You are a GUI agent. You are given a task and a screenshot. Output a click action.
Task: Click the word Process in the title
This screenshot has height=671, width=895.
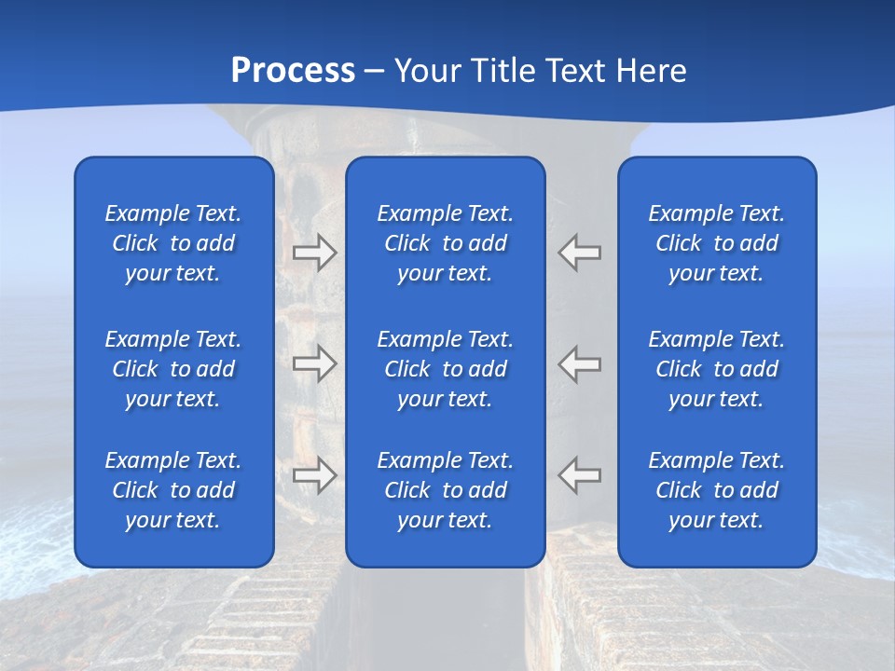[x=293, y=71]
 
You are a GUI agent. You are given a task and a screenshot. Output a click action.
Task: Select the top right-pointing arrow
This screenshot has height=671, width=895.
[x=315, y=253]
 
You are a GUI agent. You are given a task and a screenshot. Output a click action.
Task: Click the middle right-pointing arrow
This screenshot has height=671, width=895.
[x=315, y=363]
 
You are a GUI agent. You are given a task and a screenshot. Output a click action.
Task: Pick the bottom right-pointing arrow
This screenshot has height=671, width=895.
[x=315, y=475]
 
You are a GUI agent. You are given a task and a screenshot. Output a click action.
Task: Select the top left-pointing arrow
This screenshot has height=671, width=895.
[x=580, y=253]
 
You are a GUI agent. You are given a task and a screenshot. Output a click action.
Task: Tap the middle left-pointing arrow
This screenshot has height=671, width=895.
[x=580, y=363]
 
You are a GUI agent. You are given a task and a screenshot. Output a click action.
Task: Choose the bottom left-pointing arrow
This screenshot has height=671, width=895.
[x=580, y=475]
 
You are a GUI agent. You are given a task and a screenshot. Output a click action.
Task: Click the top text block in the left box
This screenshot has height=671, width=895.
[x=173, y=243]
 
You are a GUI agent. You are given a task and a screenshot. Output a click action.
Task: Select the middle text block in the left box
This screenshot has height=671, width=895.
[x=173, y=369]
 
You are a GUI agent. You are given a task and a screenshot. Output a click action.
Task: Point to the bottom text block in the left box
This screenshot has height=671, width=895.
[x=173, y=490]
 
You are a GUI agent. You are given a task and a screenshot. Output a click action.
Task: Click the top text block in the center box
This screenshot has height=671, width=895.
[x=446, y=243]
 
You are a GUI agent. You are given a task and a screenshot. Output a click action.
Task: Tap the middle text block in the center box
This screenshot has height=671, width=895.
[x=446, y=369]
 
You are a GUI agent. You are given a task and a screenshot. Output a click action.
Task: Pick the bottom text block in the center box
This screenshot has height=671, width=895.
[x=446, y=490]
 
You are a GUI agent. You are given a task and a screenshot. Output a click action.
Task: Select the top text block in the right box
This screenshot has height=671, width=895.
[x=717, y=243]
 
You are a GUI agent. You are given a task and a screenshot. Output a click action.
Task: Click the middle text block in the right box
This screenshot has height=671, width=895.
[x=717, y=369]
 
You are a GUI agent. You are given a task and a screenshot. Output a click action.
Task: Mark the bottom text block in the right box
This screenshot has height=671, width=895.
[x=717, y=490]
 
